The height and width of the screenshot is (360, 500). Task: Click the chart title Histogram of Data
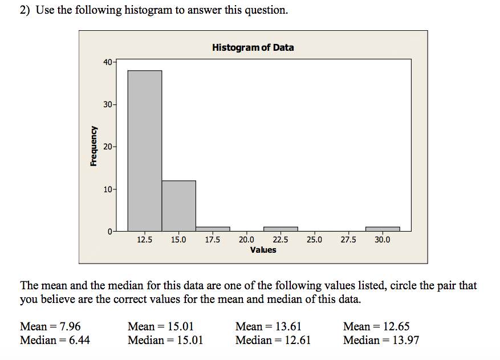coord(253,47)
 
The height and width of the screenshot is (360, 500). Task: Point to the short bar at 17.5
coord(213,229)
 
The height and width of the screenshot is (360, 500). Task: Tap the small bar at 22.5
coord(281,229)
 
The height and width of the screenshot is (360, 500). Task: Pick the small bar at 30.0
coord(383,229)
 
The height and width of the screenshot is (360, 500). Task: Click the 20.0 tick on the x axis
coord(246,240)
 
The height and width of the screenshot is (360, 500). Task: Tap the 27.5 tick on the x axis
coord(348,240)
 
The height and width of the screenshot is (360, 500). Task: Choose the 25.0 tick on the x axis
coord(314,240)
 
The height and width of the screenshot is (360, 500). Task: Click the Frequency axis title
coord(94,146)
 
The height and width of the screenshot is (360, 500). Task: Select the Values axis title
coord(263,250)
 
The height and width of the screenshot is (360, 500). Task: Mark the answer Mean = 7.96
coord(50,327)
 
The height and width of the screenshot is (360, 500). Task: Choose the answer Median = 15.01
coord(165,341)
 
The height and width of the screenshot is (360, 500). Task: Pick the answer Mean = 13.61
coord(268,327)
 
